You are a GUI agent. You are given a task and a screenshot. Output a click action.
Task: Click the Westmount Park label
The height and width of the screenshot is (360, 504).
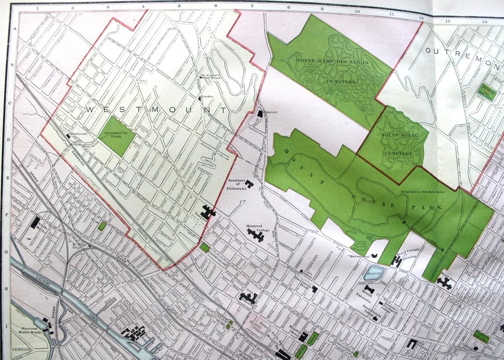117,134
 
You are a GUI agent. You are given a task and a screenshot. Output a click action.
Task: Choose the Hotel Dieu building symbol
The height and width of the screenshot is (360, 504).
444,284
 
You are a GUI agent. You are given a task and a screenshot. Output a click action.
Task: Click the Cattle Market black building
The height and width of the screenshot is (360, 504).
35,223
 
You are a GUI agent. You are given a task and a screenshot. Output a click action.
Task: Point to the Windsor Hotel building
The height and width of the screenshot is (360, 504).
303,336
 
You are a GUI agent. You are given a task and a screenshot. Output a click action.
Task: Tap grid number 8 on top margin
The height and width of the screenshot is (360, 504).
288,8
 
